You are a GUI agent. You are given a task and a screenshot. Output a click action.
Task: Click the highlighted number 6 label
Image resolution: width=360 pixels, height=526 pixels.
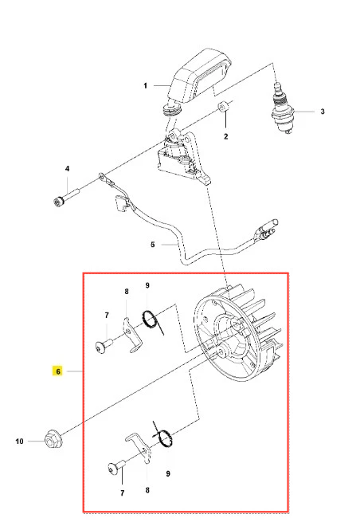tap(58, 371)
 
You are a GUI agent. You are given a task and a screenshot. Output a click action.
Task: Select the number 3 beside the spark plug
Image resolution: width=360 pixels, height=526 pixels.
tap(323, 112)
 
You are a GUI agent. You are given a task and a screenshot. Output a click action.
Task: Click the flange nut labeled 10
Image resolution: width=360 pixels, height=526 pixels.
tap(53, 439)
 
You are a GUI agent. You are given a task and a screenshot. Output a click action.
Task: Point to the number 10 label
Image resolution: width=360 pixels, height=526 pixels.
tap(19, 442)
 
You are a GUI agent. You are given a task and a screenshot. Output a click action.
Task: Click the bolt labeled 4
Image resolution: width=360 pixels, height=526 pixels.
tap(66, 198)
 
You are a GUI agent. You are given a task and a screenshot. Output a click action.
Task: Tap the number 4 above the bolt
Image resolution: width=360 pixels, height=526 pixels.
tap(68, 168)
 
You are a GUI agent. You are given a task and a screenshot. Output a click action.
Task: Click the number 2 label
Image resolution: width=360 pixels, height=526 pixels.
tap(226, 136)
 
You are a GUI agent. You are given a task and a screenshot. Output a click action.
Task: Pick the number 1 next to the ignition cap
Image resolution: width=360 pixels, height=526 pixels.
tap(145, 86)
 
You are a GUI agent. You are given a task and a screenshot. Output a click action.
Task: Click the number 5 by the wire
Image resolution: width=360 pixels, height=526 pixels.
tap(152, 245)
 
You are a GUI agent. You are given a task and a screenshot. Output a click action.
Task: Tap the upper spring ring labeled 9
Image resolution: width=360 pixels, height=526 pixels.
tap(151, 320)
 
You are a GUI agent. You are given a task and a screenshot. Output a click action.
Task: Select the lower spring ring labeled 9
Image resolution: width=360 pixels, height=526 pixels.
tap(163, 437)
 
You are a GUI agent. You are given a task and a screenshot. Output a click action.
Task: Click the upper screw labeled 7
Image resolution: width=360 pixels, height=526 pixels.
tap(104, 346)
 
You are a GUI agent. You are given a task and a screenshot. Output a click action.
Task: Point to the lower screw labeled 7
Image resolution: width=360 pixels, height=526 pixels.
tap(116, 467)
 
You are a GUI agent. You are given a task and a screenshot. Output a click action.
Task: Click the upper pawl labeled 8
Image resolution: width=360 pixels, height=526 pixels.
tap(131, 335)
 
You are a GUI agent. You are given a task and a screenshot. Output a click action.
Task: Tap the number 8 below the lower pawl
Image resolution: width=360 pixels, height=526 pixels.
tap(147, 490)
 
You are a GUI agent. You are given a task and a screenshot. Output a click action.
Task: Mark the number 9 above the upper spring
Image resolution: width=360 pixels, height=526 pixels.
tap(147, 285)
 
